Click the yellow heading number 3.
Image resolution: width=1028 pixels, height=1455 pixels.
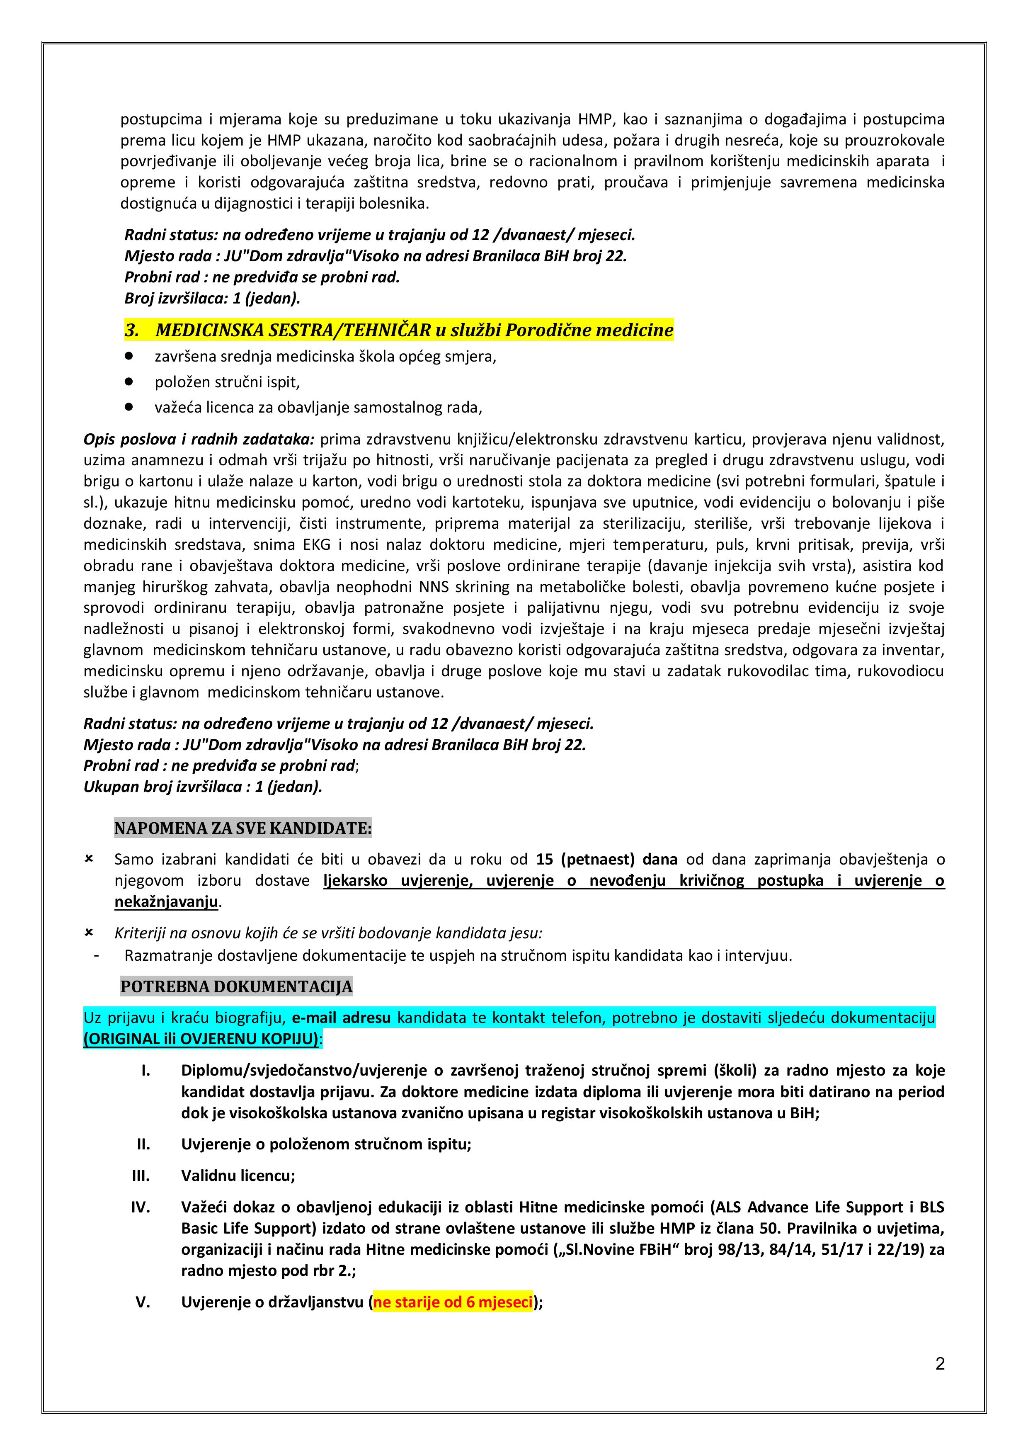pos(132,330)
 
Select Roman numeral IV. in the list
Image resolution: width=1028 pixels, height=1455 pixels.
pos(141,1207)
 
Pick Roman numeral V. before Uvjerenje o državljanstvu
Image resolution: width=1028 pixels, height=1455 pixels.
pos(143,1302)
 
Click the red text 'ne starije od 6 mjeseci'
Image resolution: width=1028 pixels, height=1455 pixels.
pos(453,1302)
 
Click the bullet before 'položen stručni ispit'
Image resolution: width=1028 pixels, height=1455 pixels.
pos(129,381)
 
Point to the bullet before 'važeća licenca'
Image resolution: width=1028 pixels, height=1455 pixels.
pos(129,407)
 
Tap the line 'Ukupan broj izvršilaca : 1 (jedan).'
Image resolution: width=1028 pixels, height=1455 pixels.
pos(203,787)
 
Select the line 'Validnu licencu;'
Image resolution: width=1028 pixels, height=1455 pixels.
pos(238,1176)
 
